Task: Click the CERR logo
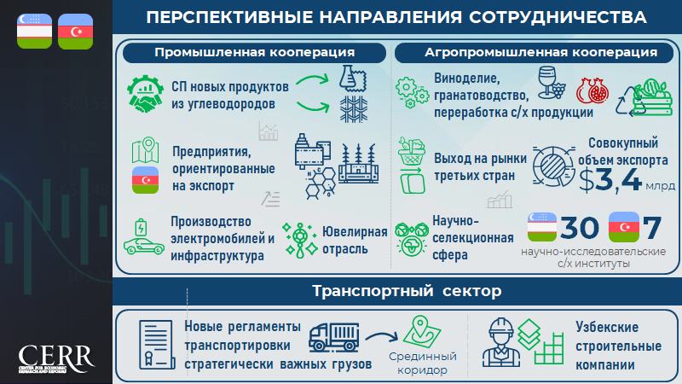pos(55,359)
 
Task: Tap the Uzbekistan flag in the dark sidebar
pos(34,31)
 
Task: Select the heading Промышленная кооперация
pos(254,52)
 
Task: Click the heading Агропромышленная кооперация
pos(540,52)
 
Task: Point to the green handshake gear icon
pos(145,94)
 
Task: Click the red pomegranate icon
pos(592,91)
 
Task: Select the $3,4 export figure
pos(610,180)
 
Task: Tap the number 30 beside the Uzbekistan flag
pos(579,228)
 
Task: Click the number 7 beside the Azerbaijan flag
pos(652,228)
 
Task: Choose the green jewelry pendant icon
pos(300,240)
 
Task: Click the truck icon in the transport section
pos(334,337)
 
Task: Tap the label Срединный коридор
pos(422,364)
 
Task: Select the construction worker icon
pos(501,343)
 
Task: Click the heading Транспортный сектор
pos(407,291)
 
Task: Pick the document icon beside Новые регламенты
pos(157,345)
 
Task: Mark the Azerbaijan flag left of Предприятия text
pos(145,180)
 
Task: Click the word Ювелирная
pos(355,232)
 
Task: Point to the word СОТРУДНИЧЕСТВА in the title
pos(558,17)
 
